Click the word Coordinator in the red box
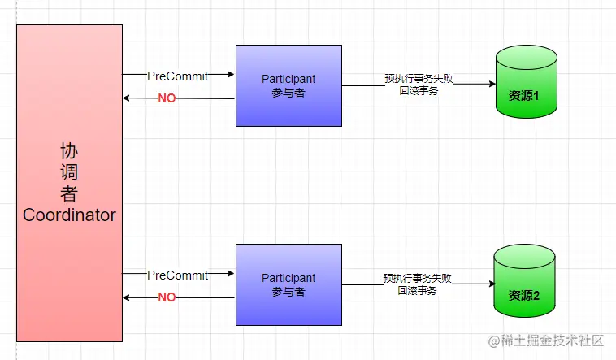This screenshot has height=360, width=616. pos(69,215)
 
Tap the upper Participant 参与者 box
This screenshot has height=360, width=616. pos(288,85)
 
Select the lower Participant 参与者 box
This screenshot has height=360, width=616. pos(288,284)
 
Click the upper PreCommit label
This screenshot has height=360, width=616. pos(177,76)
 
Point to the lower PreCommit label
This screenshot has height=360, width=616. pos(177,275)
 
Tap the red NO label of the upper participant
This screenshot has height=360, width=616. pos(167,98)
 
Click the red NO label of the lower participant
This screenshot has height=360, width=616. pos(167,297)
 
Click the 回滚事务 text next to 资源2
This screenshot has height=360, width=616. pos(418,290)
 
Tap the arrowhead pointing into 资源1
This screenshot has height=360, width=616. pos(492,85)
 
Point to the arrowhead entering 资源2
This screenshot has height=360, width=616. pos(491,284)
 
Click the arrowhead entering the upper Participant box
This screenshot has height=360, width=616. pos(232,75)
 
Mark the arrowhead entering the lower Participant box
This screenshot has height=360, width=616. pos(232,275)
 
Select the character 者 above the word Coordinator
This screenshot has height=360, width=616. pos(69,194)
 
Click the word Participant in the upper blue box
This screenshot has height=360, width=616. pos(288,79)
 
